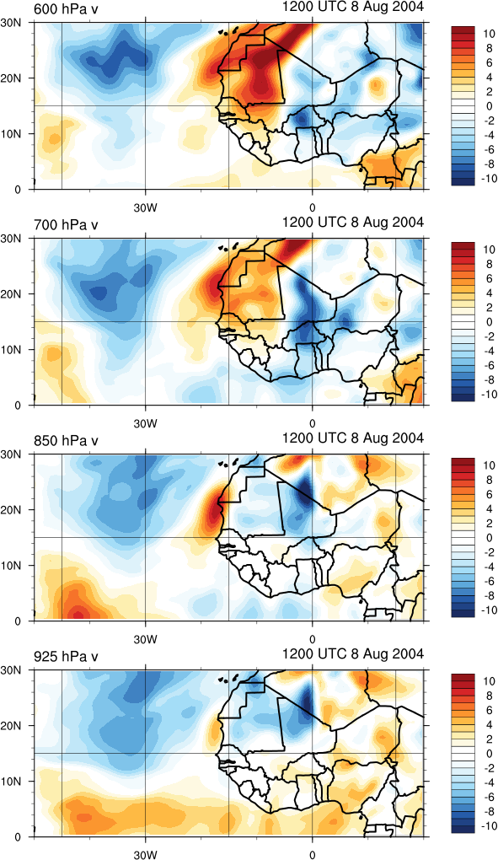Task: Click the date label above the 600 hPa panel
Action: (x=353, y=7)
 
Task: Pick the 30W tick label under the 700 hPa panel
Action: (x=146, y=424)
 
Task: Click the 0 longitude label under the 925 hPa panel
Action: (x=313, y=855)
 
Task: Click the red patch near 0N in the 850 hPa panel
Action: (x=78, y=610)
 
